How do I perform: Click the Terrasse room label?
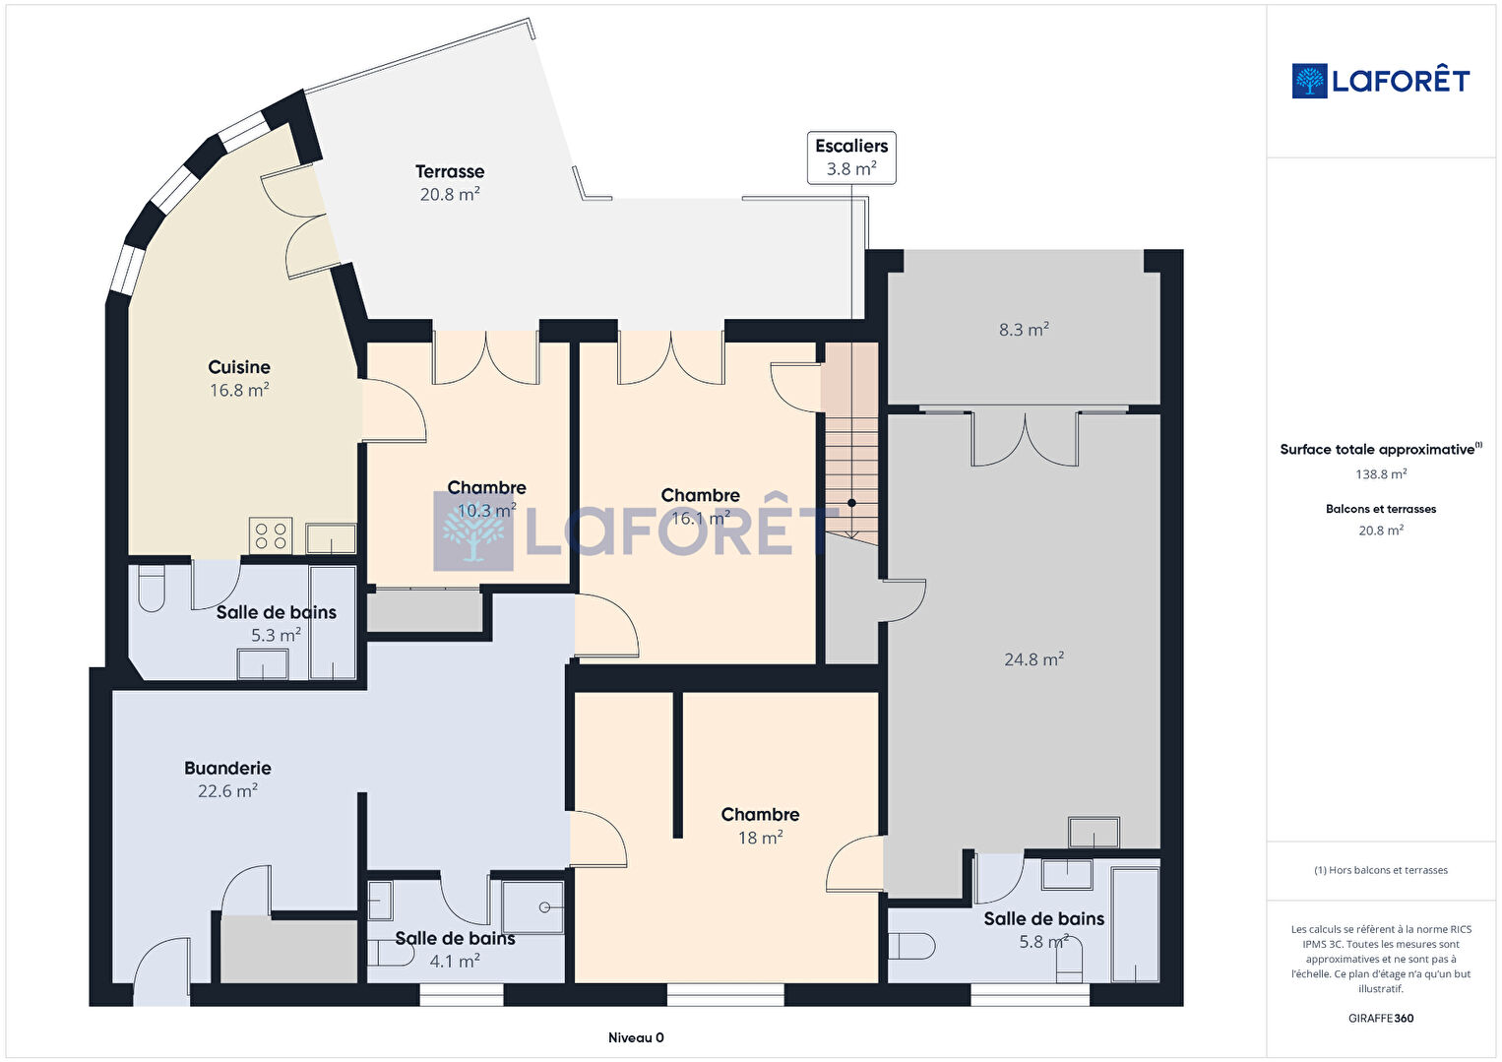[449, 171]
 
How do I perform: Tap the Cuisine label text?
[239, 367]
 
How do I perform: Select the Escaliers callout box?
[851, 157]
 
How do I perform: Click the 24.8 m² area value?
[1033, 659]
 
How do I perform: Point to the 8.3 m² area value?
[1024, 329]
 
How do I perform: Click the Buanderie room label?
[227, 769]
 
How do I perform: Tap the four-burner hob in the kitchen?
[271, 535]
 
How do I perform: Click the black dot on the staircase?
[851, 502]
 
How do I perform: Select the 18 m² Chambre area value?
[761, 838]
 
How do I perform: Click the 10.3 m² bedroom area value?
[487, 510]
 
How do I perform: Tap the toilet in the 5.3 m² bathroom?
[152, 589]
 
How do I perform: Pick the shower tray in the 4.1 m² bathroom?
[532, 907]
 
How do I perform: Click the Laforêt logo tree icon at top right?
[1309, 81]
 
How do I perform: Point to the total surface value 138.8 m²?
[1381, 474]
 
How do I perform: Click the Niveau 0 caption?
[636, 1037]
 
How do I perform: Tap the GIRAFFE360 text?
[1381, 1018]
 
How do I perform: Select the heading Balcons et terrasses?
[1381, 509]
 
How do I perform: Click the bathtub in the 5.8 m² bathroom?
[1135, 924]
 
